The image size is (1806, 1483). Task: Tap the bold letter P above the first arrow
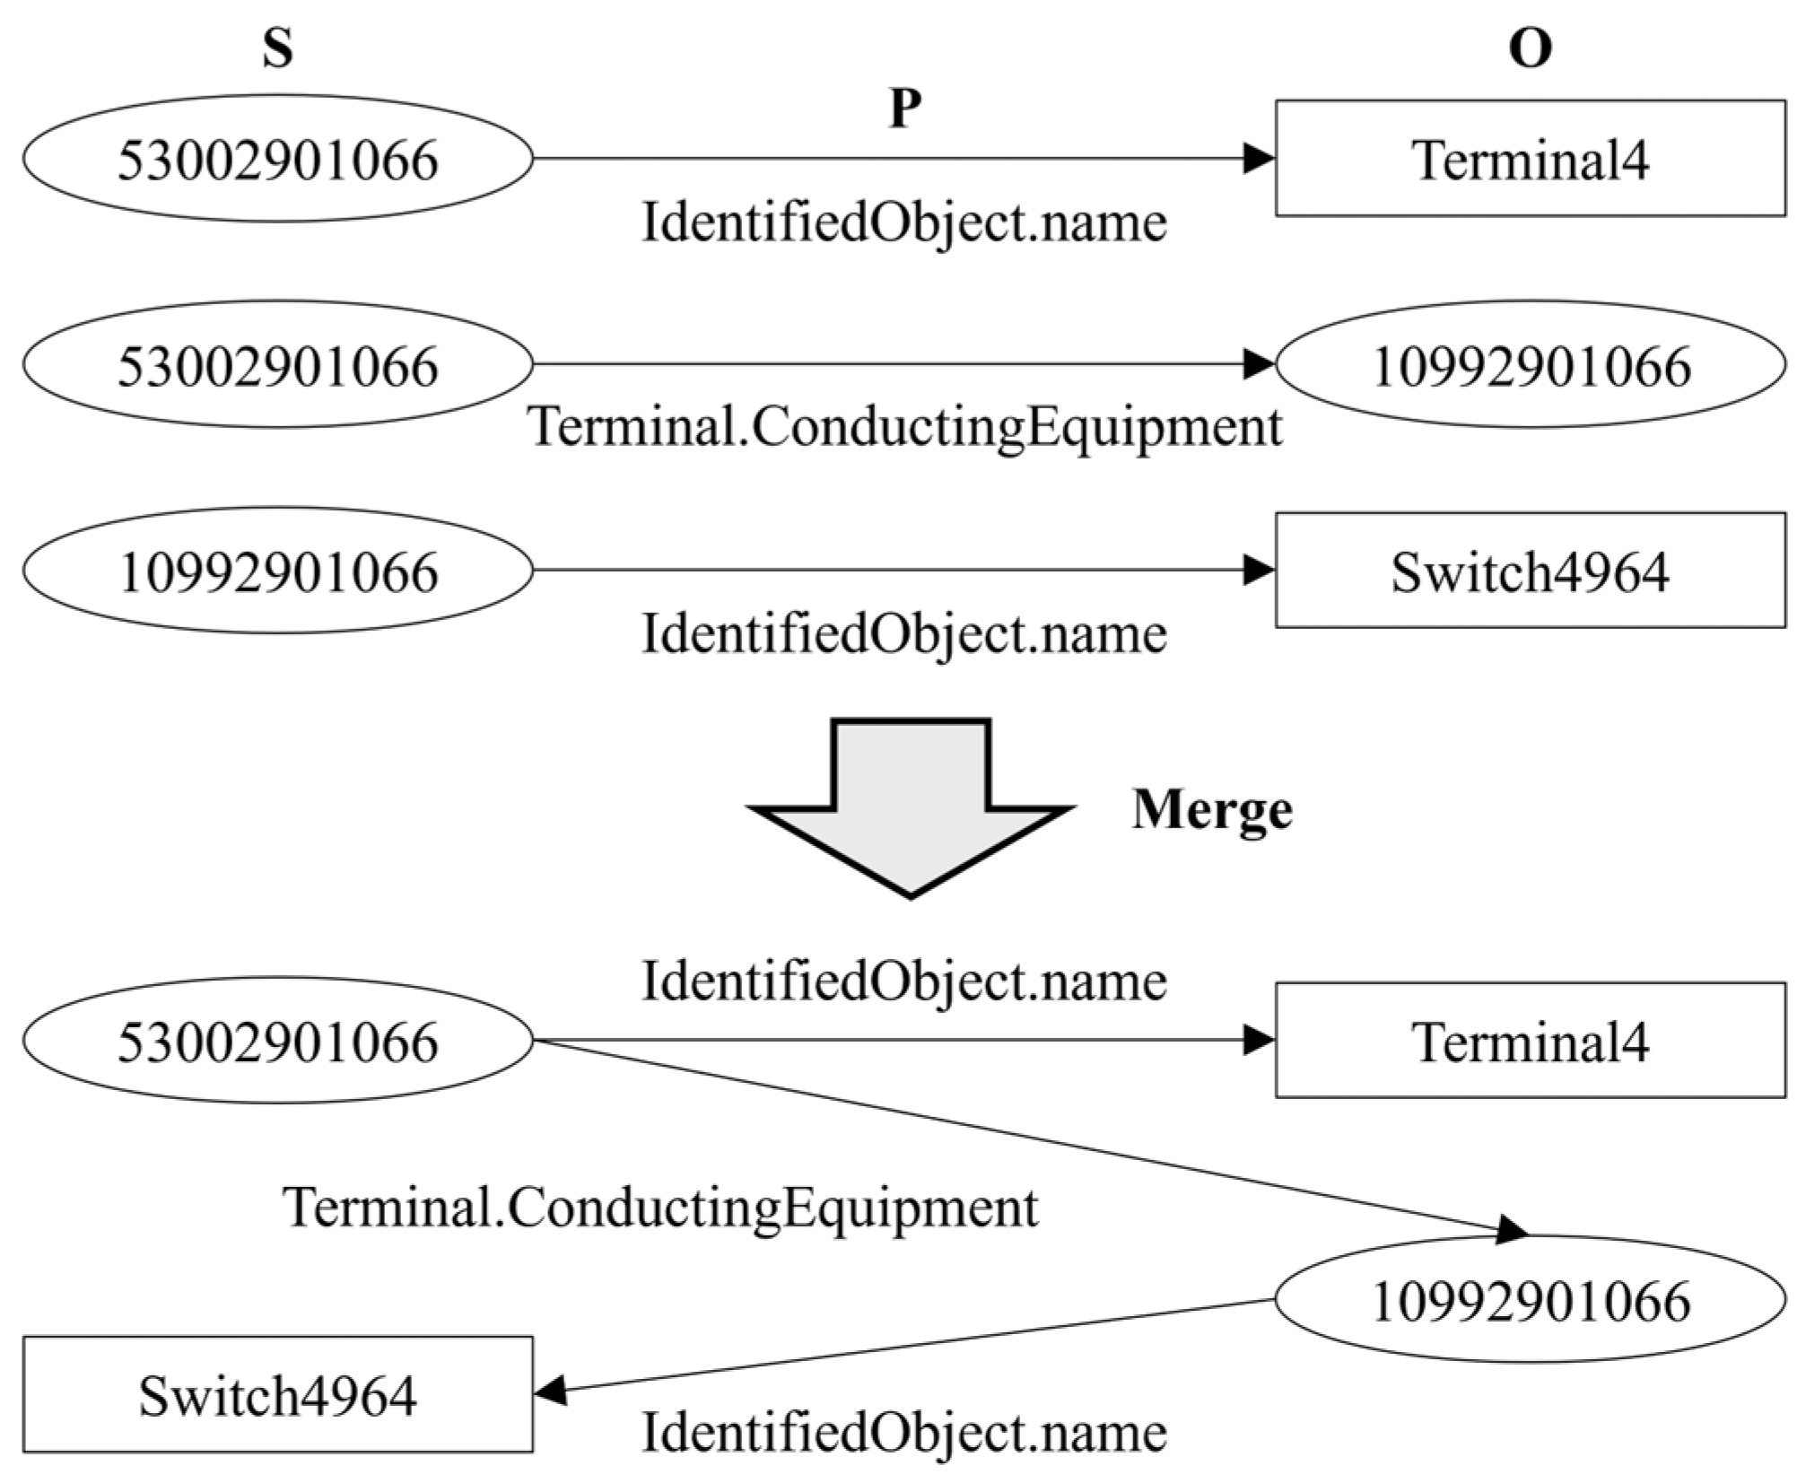pos(904,109)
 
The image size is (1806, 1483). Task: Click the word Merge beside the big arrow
pos(1212,809)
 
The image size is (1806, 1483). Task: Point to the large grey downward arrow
pos(911,807)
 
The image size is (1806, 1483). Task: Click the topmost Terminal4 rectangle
pos(1530,159)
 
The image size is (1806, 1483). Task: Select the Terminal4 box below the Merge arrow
pos(1530,1041)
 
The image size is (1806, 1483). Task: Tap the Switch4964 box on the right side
pos(1530,571)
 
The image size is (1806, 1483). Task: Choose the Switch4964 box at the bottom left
pos(277,1395)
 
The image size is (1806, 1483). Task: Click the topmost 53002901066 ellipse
pos(277,159)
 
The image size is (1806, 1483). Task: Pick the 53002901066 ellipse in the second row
pos(277,364)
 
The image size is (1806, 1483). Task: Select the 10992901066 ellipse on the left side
pos(277,571)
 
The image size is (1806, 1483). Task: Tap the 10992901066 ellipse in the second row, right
pos(1530,364)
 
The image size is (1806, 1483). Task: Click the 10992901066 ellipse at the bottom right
pos(1530,1300)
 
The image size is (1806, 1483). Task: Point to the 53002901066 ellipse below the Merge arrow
pos(277,1041)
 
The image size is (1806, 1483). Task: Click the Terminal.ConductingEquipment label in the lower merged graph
pos(660,1207)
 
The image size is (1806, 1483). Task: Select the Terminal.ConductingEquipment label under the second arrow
pos(904,425)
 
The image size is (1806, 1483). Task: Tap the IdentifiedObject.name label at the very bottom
pos(904,1432)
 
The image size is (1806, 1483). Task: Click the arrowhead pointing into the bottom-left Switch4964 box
pos(550,1391)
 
